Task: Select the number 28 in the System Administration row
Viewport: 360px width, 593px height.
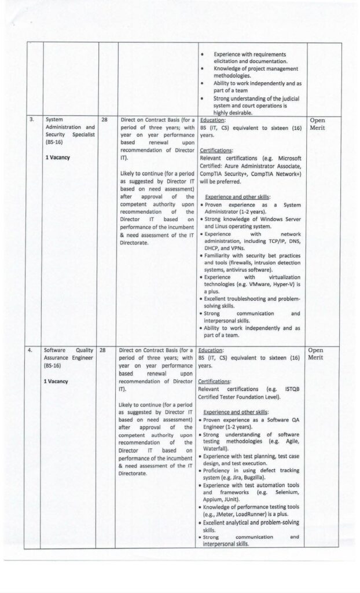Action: [x=105, y=120]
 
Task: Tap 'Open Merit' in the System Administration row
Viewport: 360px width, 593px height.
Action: [x=318, y=124]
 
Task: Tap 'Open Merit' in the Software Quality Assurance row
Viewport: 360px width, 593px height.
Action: [x=318, y=354]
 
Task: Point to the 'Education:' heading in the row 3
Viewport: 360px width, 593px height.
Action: [x=212, y=120]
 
